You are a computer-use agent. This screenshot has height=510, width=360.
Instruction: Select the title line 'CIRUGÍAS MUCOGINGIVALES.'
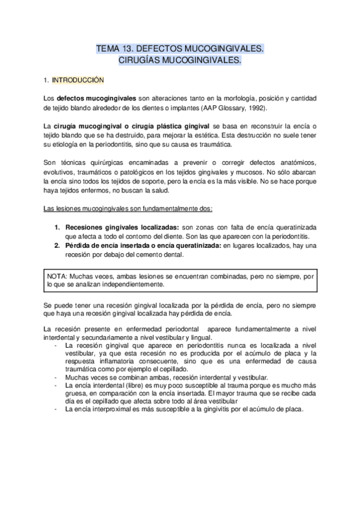point(180,60)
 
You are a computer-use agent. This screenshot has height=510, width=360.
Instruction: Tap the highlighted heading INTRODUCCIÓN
point(78,79)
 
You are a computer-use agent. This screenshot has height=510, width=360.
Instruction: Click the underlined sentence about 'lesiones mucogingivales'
point(132,209)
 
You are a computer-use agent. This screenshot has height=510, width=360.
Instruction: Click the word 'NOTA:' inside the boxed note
point(58,276)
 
